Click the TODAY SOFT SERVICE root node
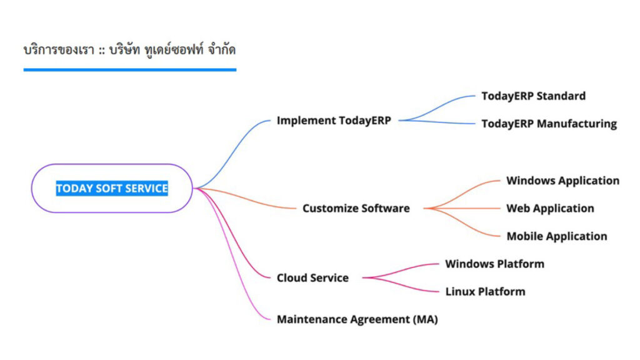click(112, 188)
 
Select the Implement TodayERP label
click(334, 121)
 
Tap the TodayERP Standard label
click(533, 96)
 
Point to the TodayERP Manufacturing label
click(549, 124)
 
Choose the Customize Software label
click(356, 208)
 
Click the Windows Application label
click(562, 181)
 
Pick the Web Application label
click(550, 208)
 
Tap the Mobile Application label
click(556, 236)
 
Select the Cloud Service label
click(312, 277)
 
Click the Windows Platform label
click(494, 264)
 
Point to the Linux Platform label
click(485, 291)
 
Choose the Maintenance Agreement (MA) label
click(357, 319)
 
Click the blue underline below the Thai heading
click(130, 70)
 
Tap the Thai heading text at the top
click(130, 49)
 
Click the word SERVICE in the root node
click(147, 188)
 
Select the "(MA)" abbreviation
click(426, 319)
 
